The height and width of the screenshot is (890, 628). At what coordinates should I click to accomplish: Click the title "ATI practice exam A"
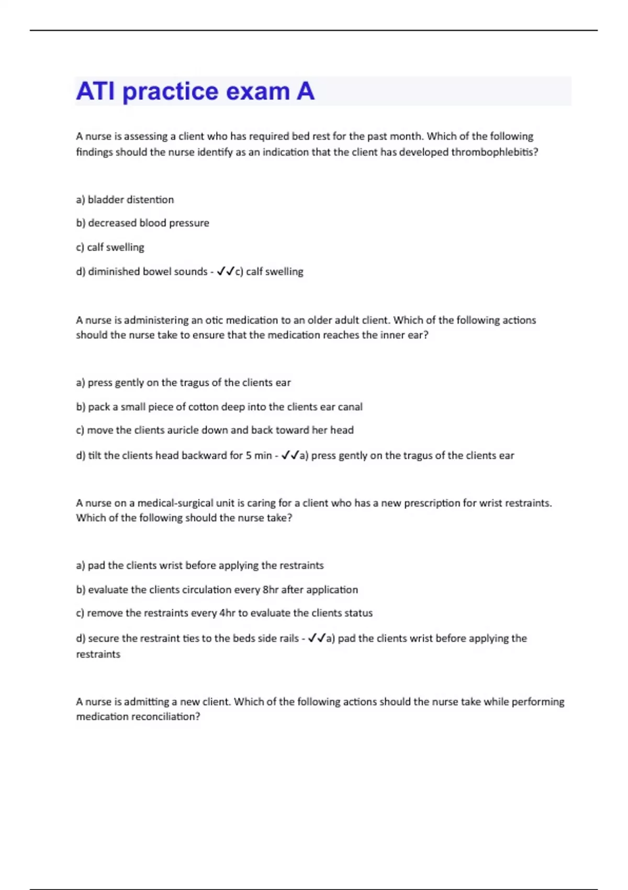pos(195,91)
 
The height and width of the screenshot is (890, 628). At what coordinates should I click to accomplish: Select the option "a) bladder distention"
pos(125,199)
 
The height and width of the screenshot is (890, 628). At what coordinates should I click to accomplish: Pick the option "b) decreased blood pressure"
pos(142,223)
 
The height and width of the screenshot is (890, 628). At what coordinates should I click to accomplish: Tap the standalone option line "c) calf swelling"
pos(110,247)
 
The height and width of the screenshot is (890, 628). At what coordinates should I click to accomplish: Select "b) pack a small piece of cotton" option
pos(219,407)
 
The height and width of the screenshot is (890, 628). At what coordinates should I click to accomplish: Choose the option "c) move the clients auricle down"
pos(215,430)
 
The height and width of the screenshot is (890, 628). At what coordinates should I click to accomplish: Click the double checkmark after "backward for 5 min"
pos(290,455)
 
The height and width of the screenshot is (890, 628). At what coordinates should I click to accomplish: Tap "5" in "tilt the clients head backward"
pos(249,455)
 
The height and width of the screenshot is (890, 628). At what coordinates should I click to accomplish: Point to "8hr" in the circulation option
pos(271,590)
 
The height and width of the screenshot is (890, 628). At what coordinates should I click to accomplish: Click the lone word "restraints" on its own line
pos(98,654)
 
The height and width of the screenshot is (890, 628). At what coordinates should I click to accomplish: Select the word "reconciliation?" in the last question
pos(165,717)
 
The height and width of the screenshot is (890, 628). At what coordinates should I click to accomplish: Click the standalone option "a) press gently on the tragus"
pos(183,383)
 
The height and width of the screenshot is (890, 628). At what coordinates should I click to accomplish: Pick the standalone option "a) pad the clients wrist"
pos(199,565)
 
